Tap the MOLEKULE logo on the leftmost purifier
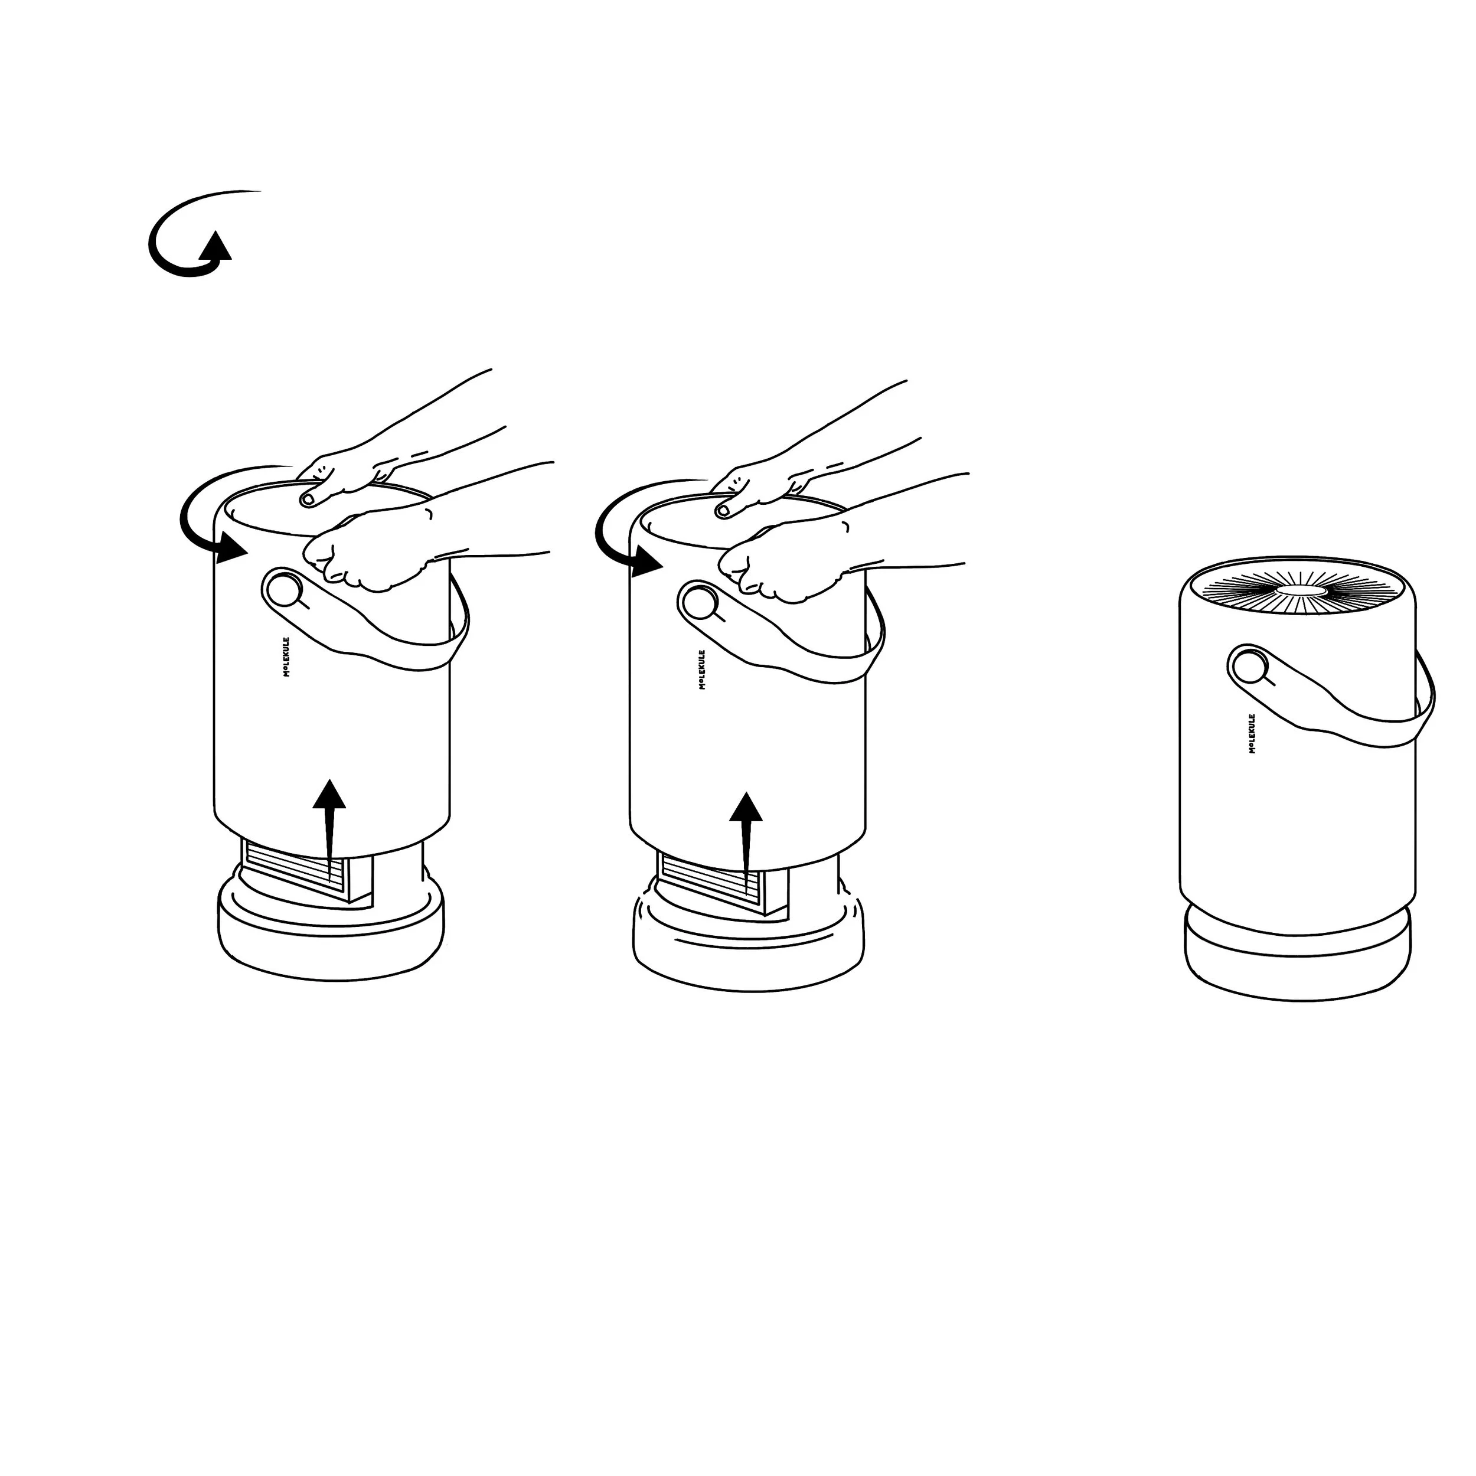(286, 657)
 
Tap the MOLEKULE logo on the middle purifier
(702, 670)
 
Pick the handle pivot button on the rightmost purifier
(1248, 666)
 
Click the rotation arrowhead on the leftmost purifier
(231, 548)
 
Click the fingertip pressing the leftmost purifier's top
(308, 499)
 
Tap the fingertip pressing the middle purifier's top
(722, 510)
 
